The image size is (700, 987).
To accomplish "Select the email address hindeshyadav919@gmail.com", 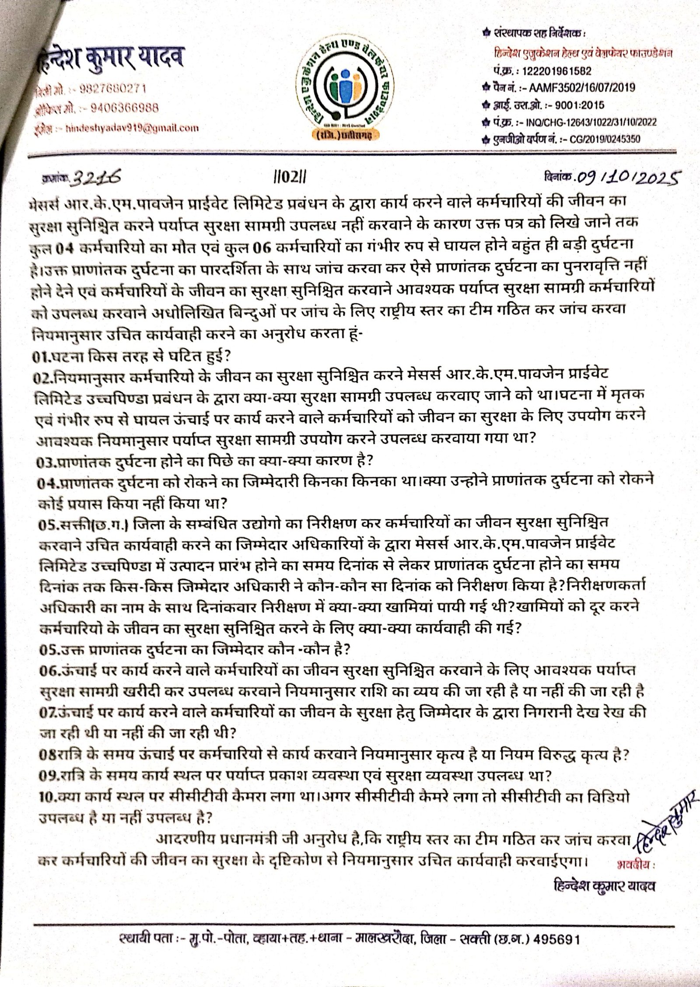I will point(131,128).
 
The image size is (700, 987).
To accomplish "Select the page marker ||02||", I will point(287,177).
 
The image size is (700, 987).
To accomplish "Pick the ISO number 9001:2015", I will point(581,105).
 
